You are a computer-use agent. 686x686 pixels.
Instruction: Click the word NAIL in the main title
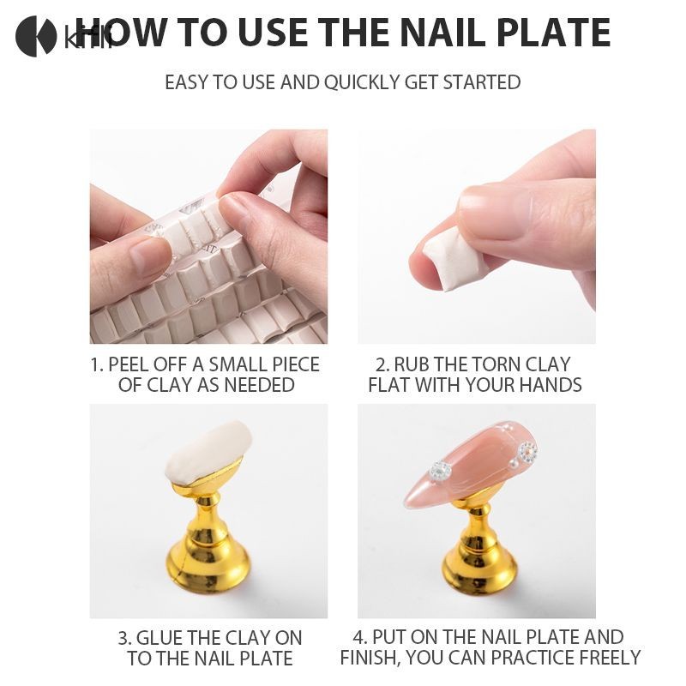point(442,33)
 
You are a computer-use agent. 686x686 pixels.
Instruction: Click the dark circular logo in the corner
point(36,36)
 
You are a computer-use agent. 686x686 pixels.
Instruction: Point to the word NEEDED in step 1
point(259,385)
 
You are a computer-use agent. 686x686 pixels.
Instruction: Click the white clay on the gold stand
point(208,453)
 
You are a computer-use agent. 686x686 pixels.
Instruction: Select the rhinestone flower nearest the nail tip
point(440,472)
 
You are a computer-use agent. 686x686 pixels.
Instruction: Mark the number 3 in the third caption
point(123,638)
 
